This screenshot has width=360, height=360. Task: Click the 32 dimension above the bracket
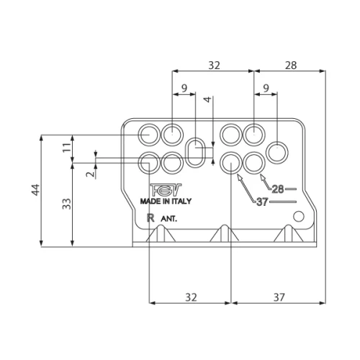click(214, 65)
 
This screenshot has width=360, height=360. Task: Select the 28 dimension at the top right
click(290, 65)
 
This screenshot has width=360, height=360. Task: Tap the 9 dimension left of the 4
click(184, 89)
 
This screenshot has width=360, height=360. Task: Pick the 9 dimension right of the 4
click(266, 89)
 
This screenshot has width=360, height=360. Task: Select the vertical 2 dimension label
click(89, 174)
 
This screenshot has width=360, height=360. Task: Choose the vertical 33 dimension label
click(66, 204)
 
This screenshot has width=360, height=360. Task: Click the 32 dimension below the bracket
click(189, 296)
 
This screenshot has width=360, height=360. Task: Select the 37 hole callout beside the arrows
click(263, 202)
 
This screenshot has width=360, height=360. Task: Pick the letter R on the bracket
click(150, 216)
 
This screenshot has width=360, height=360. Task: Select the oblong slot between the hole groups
click(195, 153)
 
